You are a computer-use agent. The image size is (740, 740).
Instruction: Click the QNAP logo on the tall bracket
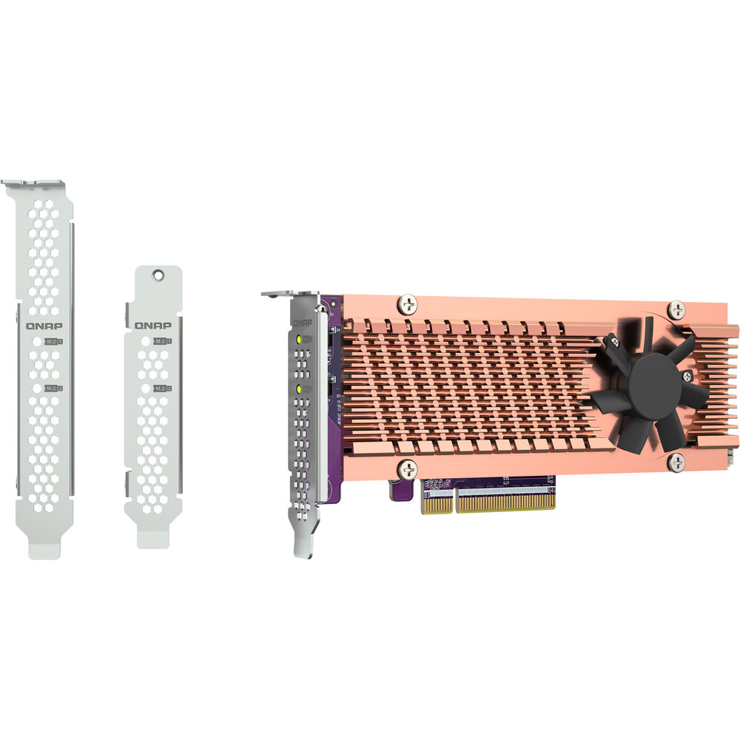(45, 326)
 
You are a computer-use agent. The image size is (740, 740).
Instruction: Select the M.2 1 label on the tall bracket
(53, 342)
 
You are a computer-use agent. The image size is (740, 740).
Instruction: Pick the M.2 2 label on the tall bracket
(53, 388)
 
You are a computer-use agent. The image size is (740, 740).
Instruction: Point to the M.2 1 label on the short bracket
(162, 341)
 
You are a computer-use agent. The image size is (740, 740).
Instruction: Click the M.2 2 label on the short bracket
(162, 388)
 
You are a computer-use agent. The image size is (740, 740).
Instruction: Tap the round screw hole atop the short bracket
(157, 275)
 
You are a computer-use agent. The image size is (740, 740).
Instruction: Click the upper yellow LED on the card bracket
(298, 340)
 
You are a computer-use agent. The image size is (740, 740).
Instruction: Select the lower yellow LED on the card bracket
(298, 388)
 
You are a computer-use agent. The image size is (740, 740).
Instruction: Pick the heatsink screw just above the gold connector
(406, 468)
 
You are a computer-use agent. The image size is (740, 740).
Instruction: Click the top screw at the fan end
(676, 309)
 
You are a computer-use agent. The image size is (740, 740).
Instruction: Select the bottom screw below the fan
(676, 462)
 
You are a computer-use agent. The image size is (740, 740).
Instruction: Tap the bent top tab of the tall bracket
(33, 182)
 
